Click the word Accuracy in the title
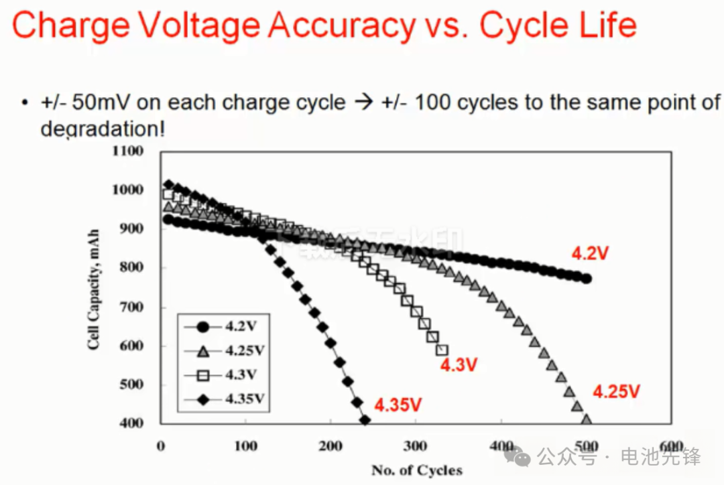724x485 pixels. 343,25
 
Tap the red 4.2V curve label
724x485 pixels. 590,253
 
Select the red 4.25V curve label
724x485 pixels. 616,391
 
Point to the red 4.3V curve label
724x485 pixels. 459,365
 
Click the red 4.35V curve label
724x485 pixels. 398,405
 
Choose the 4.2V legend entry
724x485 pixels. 225,327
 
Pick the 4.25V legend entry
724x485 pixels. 225,350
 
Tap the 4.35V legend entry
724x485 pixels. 225,399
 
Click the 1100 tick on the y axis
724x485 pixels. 128,151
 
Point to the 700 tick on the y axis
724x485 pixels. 131,307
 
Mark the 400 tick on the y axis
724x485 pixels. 131,423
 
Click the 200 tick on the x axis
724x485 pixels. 331,447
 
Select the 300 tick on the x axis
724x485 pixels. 416,447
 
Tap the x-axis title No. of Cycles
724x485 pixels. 417,470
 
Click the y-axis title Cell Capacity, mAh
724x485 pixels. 95,289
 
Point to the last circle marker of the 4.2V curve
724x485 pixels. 587,279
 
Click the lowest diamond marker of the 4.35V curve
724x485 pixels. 365,421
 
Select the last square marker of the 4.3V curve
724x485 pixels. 442,350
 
